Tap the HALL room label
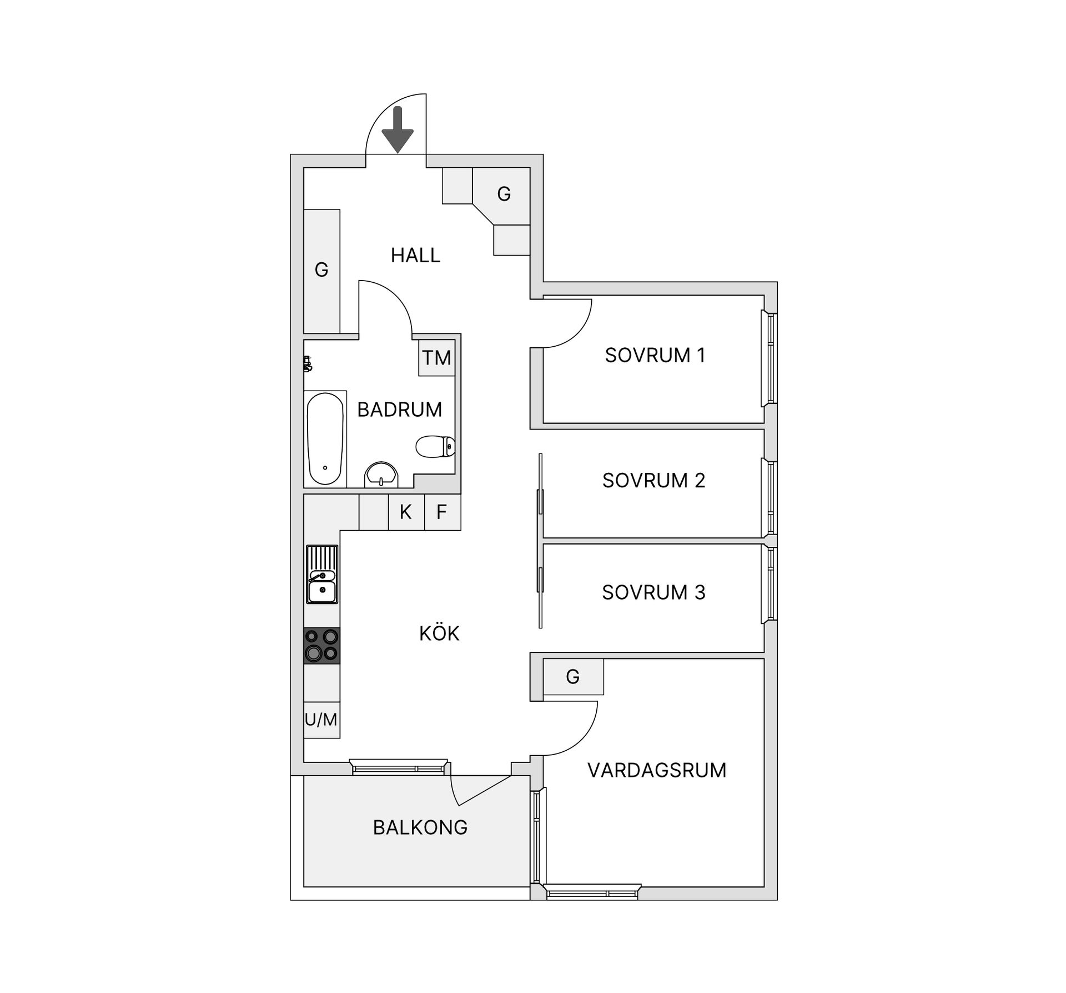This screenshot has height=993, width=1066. pos(415,255)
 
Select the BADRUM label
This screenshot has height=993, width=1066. pos(399,410)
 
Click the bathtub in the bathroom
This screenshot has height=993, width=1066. pos(325,438)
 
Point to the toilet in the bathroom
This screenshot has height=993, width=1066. pos(435,446)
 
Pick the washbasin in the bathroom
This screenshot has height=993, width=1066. pos(381,474)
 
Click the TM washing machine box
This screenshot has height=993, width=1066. pos(436,358)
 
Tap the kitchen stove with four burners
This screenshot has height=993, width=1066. pos(321,645)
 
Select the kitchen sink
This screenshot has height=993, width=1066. pos(322,575)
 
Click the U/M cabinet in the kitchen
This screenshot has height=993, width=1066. pos(321,720)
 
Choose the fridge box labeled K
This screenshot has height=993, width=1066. pos(406,512)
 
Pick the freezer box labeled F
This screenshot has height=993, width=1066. pos(442,512)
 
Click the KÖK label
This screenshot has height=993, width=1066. pos(439,633)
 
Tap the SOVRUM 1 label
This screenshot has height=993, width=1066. pos(655,355)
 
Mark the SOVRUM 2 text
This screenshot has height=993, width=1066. pos(653,480)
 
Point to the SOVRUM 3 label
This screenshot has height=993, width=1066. pos(653,592)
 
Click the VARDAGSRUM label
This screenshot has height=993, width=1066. pos(657,770)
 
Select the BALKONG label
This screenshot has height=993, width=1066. pos(420,827)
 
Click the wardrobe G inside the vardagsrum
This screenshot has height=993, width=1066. pos(573,676)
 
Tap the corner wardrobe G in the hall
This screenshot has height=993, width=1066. pos(504,194)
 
